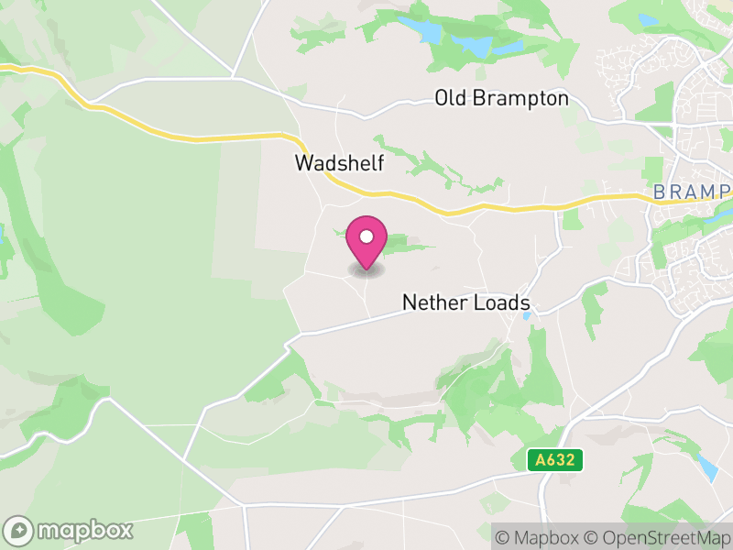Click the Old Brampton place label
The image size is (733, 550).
coord(501,98)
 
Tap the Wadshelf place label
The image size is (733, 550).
coord(338,163)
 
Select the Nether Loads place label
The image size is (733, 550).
coord(465,302)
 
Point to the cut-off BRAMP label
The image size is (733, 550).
coord(692,192)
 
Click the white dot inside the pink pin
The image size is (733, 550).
coord(366,236)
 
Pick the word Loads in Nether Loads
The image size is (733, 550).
coord(500,302)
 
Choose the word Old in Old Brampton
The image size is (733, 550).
coord(450,98)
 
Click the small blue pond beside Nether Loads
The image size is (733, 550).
coord(526,316)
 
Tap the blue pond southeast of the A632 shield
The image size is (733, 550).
coord(707,468)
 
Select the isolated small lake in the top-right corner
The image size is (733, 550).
coord(649,19)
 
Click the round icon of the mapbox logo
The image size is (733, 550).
coord(18,531)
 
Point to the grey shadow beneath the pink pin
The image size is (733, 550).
coord(366,270)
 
